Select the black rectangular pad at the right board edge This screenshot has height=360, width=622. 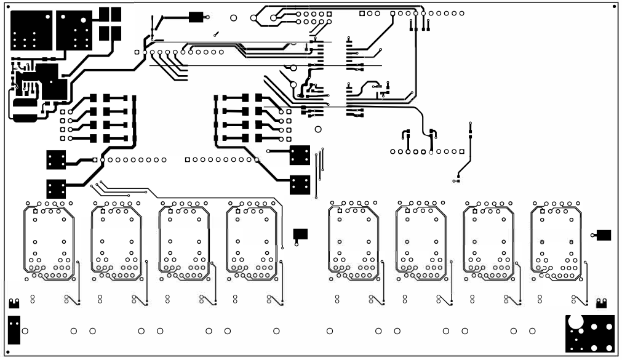pyautogui.click(x=604, y=234)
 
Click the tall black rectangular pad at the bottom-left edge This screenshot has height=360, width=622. pyautogui.click(x=14, y=330)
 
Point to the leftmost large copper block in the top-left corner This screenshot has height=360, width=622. pyautogui.click(x=30, y=31)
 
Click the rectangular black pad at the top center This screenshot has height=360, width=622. pyautogui.click(x=196, y=17)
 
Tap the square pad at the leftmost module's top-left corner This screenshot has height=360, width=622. pyautogui.click(x=36, y=211)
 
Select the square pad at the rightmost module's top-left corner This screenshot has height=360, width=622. pyautogui.click(x=542, y=211)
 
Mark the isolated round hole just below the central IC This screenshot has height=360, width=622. pyautogui.click(x=318, y=129)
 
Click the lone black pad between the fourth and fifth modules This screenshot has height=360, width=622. pyautogui.click(x=300, y=233)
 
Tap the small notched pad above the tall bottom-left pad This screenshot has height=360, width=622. pyautogui.click(x=14, y=303)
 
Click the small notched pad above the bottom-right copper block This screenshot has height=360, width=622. pyautogui.click(x=601, y=303)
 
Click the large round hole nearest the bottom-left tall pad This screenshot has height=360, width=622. pyautogui.click(x=25, y=331)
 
